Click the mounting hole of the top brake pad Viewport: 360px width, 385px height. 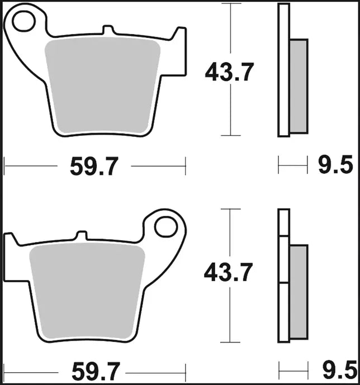tap(24, 21)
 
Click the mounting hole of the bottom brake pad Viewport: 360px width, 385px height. tap(166, 227)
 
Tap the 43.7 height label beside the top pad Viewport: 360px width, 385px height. tap(229, 72)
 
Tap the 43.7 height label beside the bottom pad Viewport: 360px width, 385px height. tap(229, 272)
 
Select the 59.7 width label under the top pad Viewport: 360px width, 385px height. tap(94, 167)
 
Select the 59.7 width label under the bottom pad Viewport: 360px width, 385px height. tap(96, 371)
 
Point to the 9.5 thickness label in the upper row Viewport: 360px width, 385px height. tap(336, 164)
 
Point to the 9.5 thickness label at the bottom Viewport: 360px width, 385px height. tap(340, 370)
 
